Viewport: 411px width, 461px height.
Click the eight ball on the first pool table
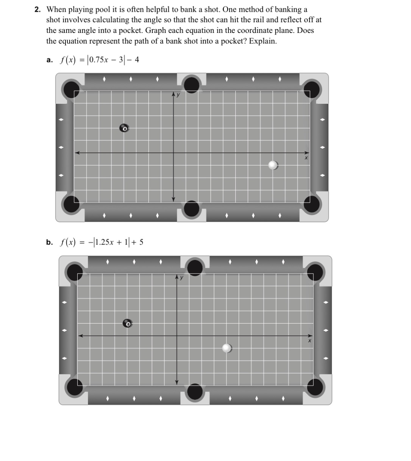tap(124, 128)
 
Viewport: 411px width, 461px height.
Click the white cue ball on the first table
tap(273, 165)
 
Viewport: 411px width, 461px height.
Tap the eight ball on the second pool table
tap(128, 323)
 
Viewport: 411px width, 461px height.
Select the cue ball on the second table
tap(227, 348)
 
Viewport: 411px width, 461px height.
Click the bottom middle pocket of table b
tap(195, 391)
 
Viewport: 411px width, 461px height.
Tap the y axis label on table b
tap(181, 277)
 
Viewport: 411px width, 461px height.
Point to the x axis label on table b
tap(309, 341)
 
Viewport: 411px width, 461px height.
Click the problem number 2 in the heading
tap(37, 9)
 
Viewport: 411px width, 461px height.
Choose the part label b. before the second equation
tap(49, 242)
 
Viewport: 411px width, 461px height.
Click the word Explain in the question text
tap(263, 41)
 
